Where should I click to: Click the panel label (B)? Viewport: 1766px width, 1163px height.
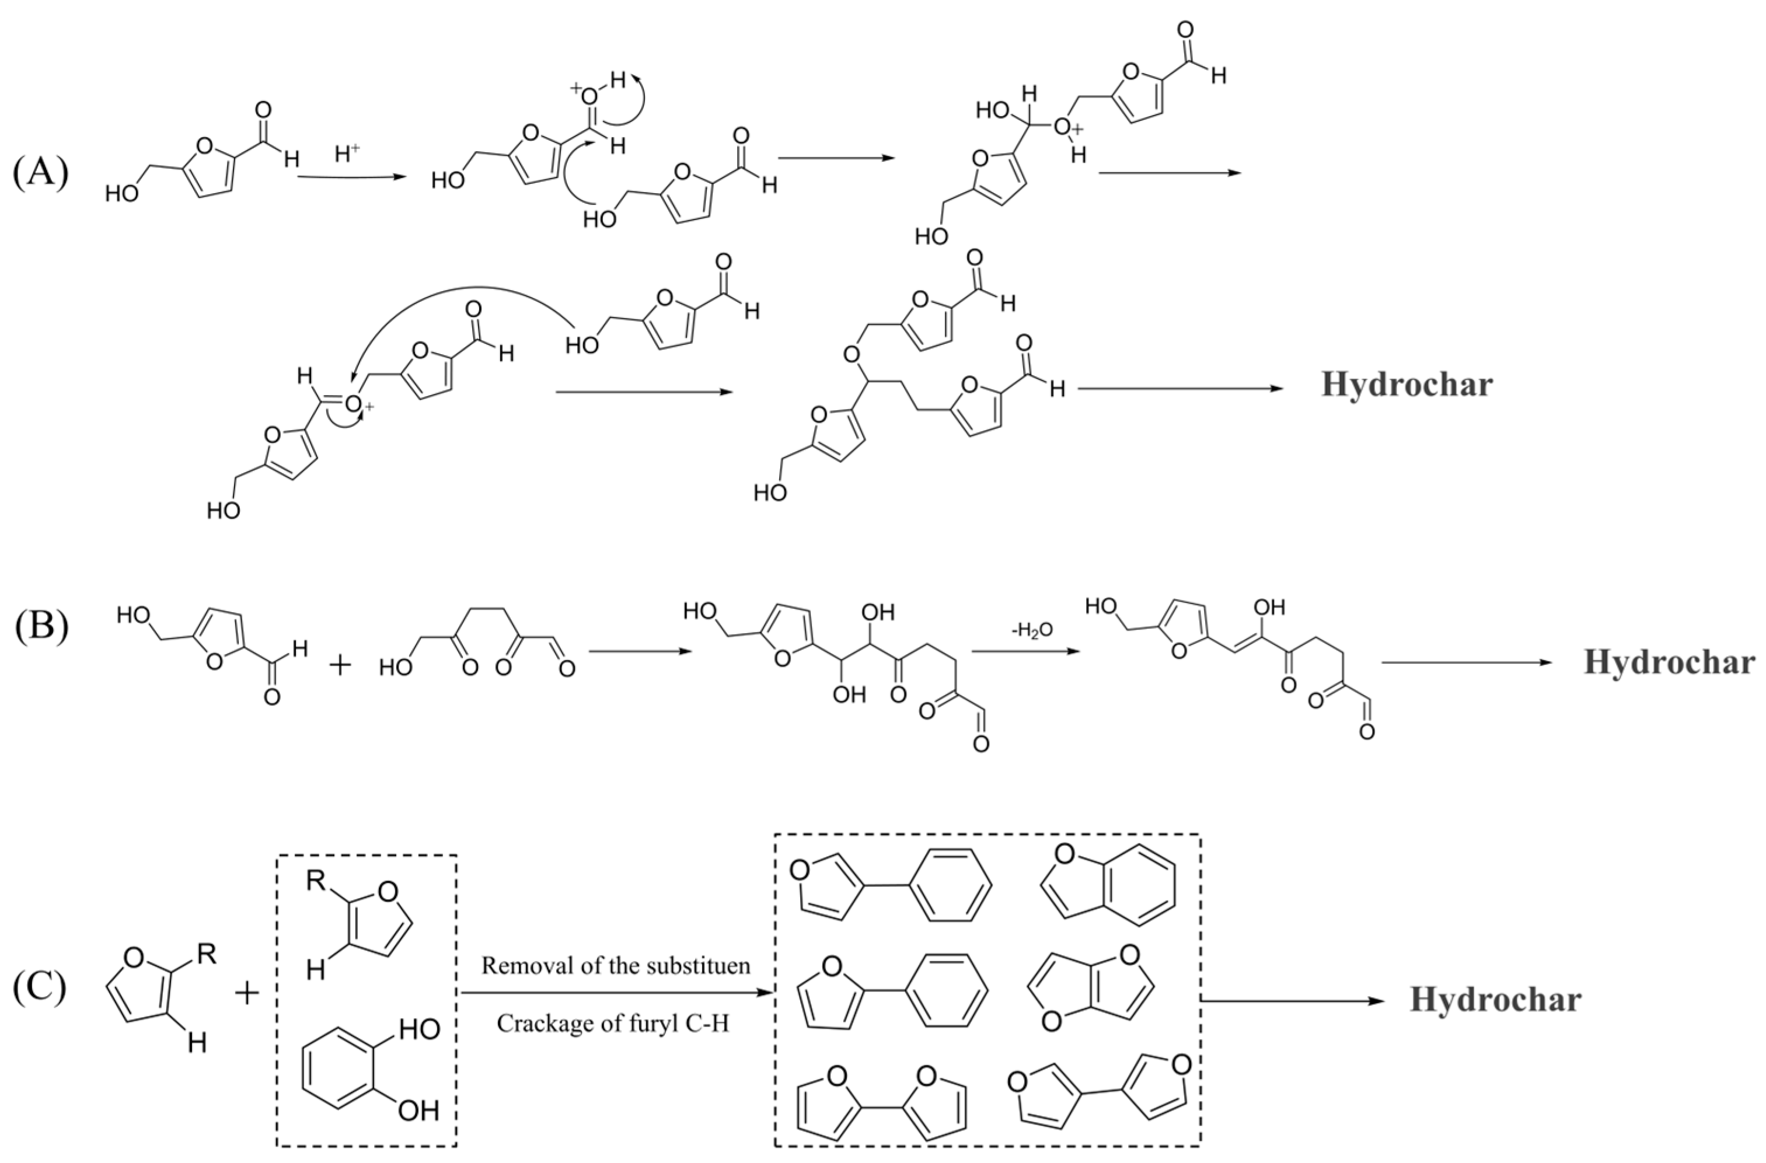click(x=41, y=627)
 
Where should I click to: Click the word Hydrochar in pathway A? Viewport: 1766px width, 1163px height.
click(x=1406, y=385)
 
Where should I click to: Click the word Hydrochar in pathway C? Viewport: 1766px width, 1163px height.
click(x=1495, y=1000)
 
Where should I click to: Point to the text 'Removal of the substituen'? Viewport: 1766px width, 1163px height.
click(x=616, y=966)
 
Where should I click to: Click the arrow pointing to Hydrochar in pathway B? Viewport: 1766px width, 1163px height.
click(x=1465, y=662)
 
